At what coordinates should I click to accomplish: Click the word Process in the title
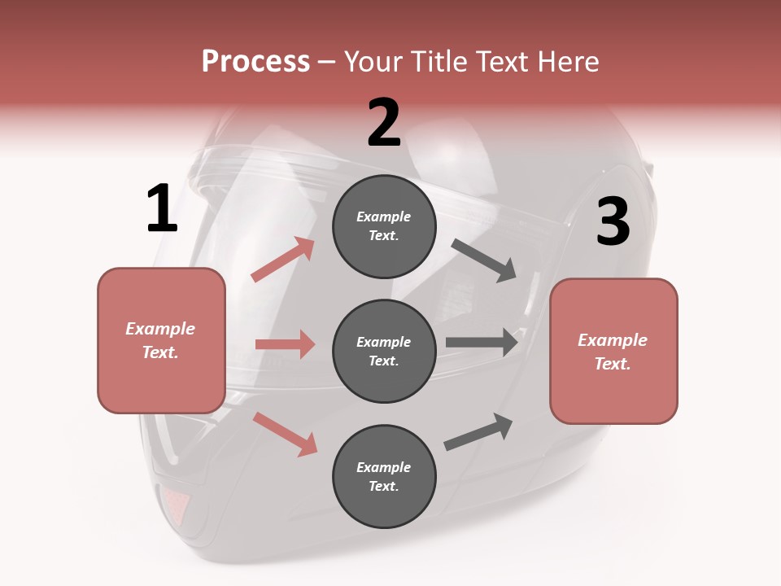tap(255, 62)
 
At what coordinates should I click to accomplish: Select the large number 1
tap(162, 209)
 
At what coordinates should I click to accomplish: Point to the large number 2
tap(384, 123)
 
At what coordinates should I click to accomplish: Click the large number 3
tap(613, 222)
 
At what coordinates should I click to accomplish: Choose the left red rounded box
tap(161, 340)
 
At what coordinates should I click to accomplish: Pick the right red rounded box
tap(613, 351)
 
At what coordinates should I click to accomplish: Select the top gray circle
tap(384, 226)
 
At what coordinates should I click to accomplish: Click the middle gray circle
tap(384, 351)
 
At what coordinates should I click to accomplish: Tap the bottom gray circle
tap(384, 476)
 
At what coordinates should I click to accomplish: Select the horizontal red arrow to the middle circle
tap(285, 344)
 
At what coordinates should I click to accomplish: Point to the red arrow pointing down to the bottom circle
tap(285, 434)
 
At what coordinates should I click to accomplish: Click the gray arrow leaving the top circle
tap(484, 260)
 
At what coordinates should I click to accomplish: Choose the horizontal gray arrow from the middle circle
tap(482, 342)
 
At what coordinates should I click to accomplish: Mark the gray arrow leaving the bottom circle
tap(479, 431)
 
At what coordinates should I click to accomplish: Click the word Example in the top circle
tap(384, 217)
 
